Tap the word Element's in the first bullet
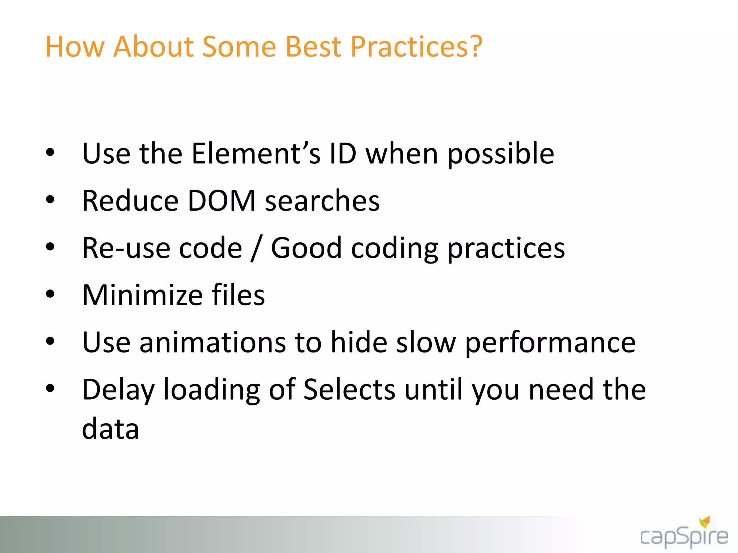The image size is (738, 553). (x=256, y=153)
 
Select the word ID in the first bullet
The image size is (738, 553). (x=343, y=153)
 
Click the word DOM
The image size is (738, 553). (x=222, y=201)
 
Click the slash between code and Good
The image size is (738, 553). (x=256, y=248)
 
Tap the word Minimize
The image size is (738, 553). (x=142, y=295)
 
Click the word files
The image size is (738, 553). (x=238, y=295)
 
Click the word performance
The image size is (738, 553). (x=550, y=343)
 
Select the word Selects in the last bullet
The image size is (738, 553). (x=349, y=390)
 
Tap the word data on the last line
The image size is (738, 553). (x=110, y=429)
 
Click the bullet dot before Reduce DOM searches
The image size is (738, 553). (x=50, y=199)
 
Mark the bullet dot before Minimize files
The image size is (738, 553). (x=50, y=294)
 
